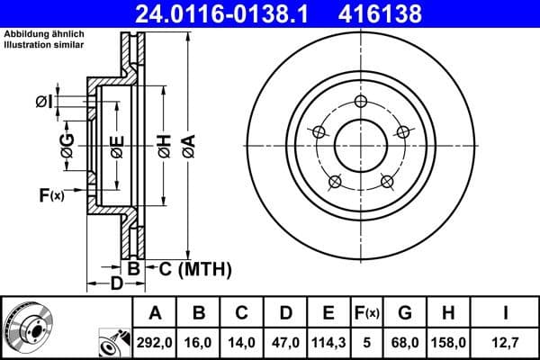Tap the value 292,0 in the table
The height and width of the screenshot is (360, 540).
click(156, 342)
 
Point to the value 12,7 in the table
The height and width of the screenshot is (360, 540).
click(508, 342)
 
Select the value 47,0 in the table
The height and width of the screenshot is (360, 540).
click(285, 342)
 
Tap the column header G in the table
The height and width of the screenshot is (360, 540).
click(405, 313)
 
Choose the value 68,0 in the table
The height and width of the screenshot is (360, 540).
click(405, 342)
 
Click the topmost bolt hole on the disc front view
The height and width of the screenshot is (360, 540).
click(361, 101)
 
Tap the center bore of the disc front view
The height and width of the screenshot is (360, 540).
click(361, 144)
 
